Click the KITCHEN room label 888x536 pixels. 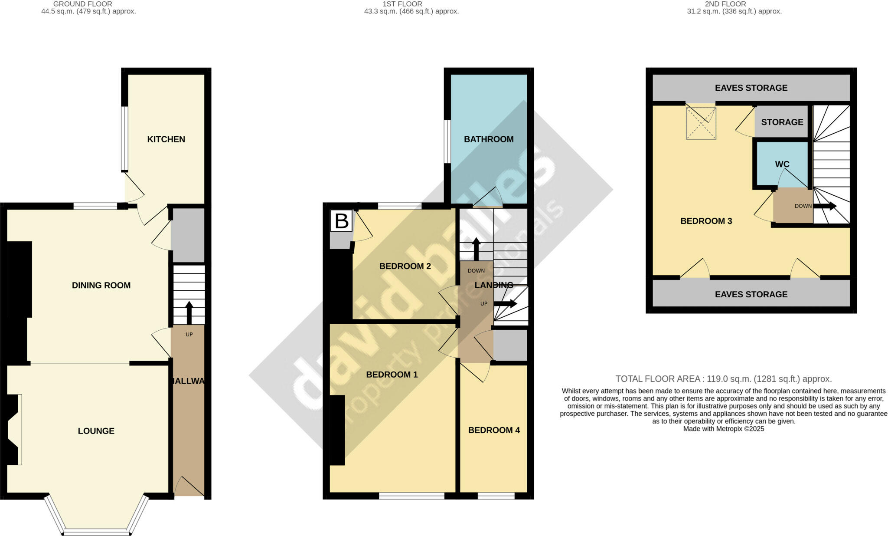166,139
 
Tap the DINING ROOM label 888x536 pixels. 101,285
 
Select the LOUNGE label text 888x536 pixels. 96,431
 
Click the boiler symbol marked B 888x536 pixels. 342,221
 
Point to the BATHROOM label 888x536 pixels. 489,139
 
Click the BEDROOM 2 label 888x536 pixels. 405,266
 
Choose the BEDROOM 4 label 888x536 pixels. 494,430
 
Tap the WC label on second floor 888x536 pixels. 782,164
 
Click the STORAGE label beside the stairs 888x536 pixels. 782,122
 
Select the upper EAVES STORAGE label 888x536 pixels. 751,88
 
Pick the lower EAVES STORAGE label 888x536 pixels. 751,294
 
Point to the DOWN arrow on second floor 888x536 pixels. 824,206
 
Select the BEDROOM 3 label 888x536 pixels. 706,221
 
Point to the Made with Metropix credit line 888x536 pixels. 723,429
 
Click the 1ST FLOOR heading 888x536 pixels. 402,4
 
